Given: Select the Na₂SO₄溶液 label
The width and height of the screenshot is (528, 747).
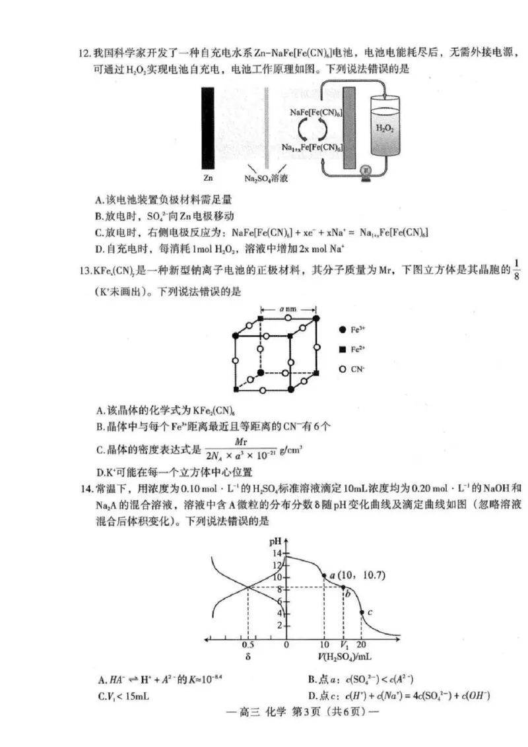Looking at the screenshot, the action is [266, 179].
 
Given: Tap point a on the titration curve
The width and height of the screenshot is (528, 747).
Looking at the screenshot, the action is [324, 575].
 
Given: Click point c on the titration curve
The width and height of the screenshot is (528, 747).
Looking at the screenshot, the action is [362, 612].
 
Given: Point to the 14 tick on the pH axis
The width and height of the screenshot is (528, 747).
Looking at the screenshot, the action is [277, 553].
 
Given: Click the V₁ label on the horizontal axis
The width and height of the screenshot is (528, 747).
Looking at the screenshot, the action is [344, 644].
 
